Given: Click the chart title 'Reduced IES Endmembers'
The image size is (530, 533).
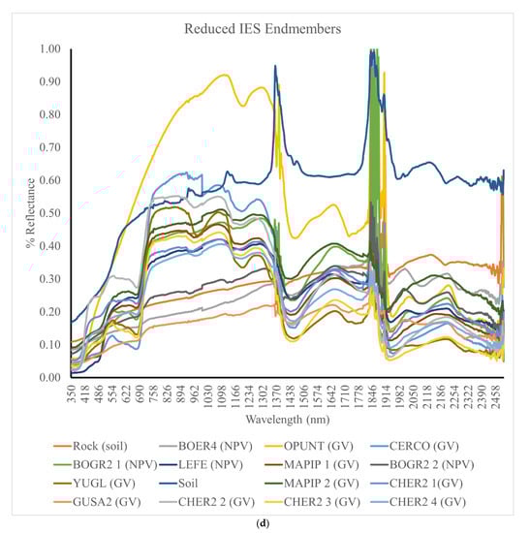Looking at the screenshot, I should click(x=265, y=29).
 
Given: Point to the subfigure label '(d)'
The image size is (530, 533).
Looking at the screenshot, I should click(x=265, y=523).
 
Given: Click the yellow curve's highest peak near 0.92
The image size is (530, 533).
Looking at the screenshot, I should click(x=224, y=75).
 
